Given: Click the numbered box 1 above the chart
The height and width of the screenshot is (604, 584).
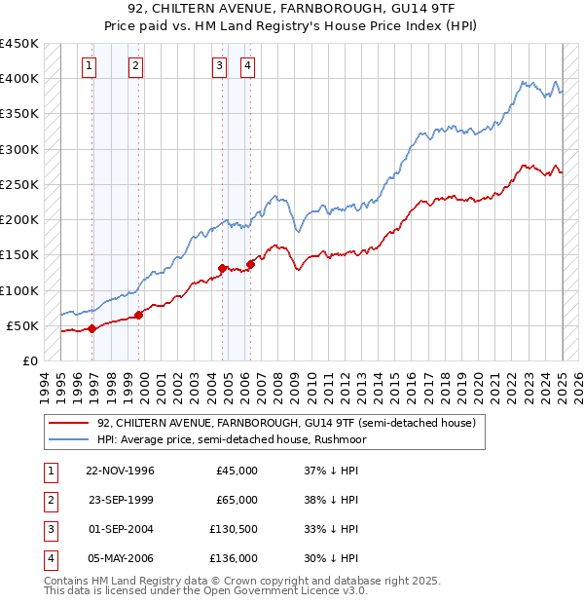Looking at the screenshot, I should [x=89, y=66].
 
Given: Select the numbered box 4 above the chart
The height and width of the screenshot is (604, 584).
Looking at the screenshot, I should [x=248, y=66].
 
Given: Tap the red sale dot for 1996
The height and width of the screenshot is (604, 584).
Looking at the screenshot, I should [x=91, y=328].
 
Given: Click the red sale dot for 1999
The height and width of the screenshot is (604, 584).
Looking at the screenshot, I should [x=139, y=315].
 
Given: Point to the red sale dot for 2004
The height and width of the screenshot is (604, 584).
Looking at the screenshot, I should [x=223, y=268].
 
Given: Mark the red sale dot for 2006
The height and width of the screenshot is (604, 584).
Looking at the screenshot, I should [x=251, y=264].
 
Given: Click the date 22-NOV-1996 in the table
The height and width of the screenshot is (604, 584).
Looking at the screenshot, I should [x=121, y=471].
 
